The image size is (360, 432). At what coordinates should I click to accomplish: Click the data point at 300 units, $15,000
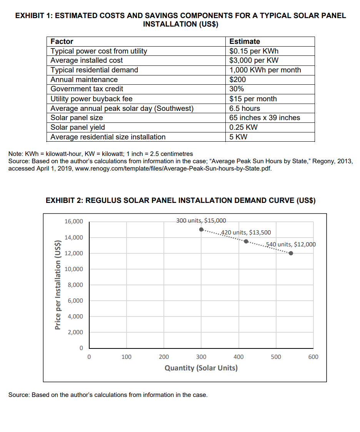[201, 229]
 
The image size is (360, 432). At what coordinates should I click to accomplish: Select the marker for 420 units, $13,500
[246, 241]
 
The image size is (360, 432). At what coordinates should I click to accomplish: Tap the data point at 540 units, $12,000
[291, 253]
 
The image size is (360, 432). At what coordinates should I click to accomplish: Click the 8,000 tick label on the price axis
[75, 285]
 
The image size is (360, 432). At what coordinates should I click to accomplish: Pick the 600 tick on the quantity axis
[313, 357]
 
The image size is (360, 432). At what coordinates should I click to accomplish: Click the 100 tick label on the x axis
[126, 357]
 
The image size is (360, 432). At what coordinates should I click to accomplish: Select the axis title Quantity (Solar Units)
[201, 368]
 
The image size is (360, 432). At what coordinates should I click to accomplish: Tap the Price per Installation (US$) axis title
[58, 285]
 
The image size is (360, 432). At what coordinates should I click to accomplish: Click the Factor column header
[62, 42]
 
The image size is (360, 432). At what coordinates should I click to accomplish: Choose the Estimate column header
[245, 42]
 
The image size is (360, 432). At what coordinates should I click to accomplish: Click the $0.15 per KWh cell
[254, 51]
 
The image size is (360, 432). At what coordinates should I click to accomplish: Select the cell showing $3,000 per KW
[254, 60]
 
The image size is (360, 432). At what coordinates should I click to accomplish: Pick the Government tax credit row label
[87, 89]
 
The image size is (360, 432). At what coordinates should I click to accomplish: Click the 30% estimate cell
[237, 89]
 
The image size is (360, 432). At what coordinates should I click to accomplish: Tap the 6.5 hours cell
[245, 108]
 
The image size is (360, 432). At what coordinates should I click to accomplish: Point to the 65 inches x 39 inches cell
[265, 117]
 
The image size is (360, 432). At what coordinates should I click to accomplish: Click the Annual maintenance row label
[84, 79]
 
